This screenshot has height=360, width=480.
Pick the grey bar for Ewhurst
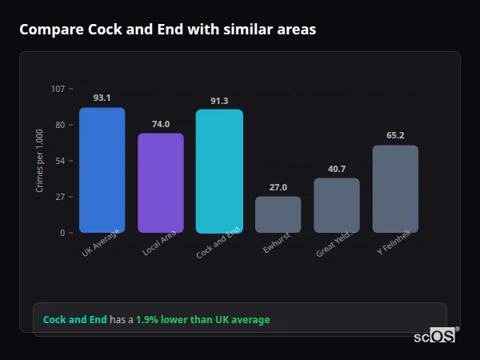278,214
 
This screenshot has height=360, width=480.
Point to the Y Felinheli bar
395,189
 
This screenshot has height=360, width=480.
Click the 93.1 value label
102,98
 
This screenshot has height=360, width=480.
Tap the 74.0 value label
161,124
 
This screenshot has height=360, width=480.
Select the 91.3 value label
219,101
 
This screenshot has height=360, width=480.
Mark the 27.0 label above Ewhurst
278,187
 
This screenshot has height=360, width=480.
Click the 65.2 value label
395,136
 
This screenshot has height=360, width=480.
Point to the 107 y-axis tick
58,88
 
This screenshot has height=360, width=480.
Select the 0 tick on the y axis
62,233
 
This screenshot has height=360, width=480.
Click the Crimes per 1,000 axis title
39,160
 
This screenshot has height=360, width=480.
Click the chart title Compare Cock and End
167,30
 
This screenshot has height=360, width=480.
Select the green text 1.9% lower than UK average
202,320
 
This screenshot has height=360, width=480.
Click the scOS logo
435,336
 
